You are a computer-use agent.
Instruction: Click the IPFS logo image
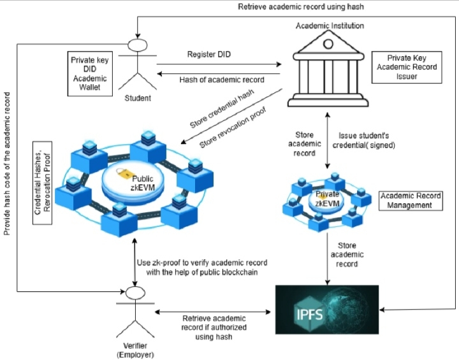(x=327, y=310)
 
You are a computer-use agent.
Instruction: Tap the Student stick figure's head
(x=137, y=45)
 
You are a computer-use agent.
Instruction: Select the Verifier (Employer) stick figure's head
(x=135, y=293)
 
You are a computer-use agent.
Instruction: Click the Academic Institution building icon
(x=328, y=69)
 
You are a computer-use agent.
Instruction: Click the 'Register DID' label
(x=209, y=54)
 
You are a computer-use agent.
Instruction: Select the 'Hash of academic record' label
(x=222, y=80)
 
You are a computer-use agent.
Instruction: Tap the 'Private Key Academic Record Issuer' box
(x=407, y=68)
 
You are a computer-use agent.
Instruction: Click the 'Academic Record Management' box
(x=411, y=201)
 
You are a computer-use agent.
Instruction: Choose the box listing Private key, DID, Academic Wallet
(x=90, y=74)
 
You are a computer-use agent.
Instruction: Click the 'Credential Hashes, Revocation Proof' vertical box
(x=43, y=183)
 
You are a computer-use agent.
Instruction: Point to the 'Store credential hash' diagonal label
(x=222, y=109)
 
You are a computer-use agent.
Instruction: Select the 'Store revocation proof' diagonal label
(x=233, y=127)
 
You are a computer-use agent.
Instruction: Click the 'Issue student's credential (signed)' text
(x=363, y=140)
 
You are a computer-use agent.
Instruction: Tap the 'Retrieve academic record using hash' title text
(x=301, y=7)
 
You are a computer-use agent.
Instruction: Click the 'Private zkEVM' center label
(x=327, y=199)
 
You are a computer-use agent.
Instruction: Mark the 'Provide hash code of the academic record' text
(x=7, y=164)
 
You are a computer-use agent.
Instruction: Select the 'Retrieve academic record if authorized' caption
(x=214, y=323)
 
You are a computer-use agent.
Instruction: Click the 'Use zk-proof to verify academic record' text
(x=202, y=263)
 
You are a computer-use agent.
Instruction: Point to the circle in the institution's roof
(x=328, y=44)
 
